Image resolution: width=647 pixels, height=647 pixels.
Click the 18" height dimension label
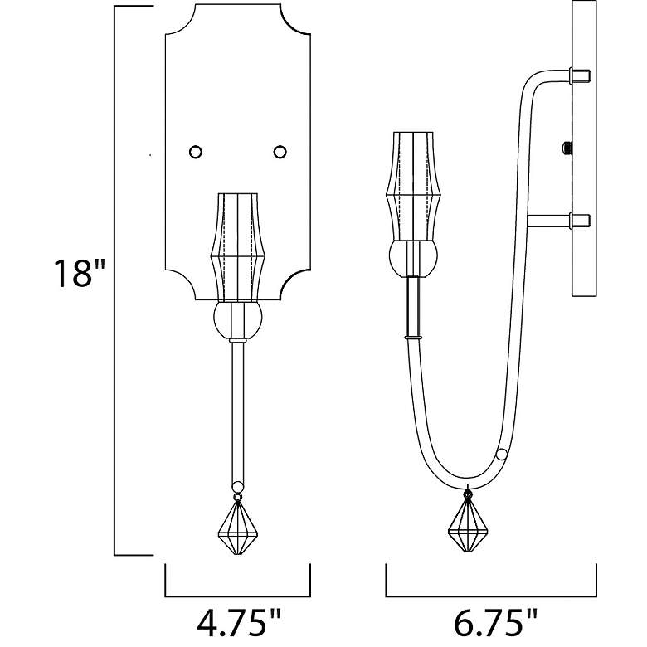[x=80, y=273]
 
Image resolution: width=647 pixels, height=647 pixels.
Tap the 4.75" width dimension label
[x=239, y=623]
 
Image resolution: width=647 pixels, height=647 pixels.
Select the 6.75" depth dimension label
[x=495, y=623]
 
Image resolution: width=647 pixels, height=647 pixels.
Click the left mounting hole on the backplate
[x=196, y=152]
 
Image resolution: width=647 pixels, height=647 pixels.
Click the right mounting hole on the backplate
[x=280, y=152]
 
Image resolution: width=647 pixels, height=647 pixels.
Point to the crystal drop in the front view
[x=238, y=527]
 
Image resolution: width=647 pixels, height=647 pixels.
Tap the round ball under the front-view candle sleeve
[x=238, y=320]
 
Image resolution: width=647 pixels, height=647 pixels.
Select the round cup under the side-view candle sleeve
[x=413, y=258]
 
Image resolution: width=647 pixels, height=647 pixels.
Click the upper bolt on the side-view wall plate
[x=580, y=76]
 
